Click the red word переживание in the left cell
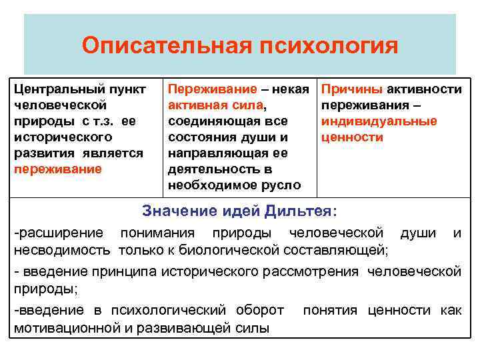click(57, 169)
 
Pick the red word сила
click(247, 105)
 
